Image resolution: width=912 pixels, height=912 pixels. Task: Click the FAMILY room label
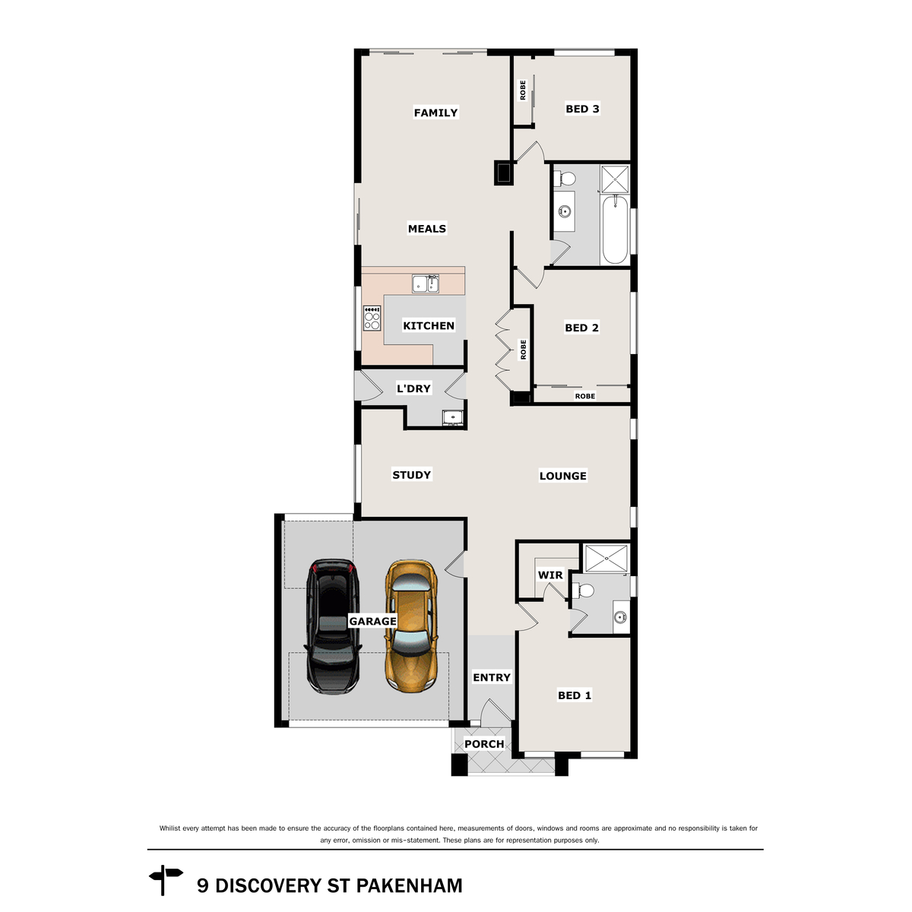[435, 112]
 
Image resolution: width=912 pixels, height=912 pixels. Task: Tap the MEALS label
[426, 228]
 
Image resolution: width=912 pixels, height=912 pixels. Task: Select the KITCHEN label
[429, 325]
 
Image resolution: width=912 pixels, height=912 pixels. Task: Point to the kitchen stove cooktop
[372, 318]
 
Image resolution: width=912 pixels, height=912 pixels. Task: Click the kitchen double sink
[426, 284]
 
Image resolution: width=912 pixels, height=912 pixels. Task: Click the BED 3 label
[582, 109]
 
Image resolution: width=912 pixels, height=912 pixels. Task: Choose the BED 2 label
[581, 328]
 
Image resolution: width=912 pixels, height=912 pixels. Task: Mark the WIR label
[550, 575]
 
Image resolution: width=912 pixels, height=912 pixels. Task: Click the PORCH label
[484, 744]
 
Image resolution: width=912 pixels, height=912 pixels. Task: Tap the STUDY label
[411, 475]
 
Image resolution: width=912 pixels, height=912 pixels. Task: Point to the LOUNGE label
[562, 476]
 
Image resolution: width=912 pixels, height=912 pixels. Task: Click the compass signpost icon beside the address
[166, 881]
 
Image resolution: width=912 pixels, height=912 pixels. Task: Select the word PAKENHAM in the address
[409, 885]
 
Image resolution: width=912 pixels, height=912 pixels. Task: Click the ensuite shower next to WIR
[606, 557]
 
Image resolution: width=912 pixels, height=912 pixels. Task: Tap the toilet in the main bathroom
[566, 179]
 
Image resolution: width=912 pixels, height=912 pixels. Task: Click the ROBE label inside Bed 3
[523, 90]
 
